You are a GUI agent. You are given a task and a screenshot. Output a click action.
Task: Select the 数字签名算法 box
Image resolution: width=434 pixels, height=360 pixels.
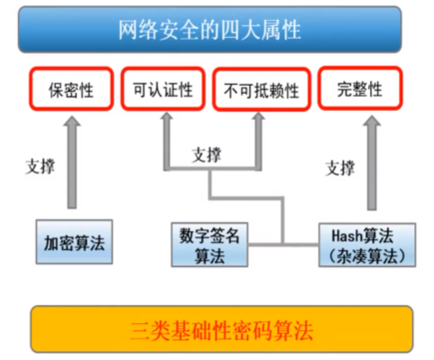209,244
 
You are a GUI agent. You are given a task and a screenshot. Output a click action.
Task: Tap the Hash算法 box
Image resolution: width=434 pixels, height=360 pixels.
368,245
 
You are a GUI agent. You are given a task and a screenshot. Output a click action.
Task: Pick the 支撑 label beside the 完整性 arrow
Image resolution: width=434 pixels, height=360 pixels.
339,168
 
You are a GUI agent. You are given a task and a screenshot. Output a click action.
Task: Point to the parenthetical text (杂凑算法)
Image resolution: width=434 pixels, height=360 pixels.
368,255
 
